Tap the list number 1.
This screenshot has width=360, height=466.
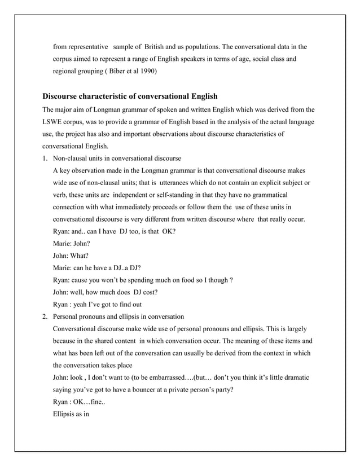point(45,158)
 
